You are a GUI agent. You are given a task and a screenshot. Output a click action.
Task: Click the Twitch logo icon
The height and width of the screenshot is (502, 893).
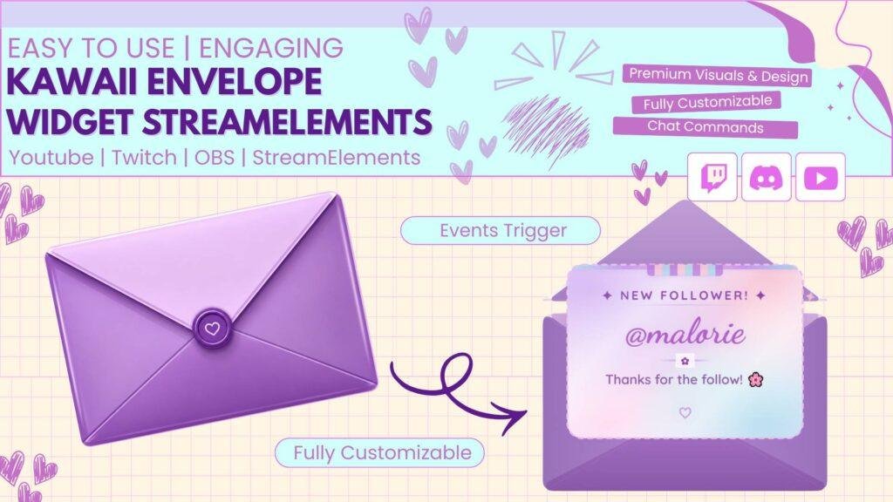(x=712, y=177)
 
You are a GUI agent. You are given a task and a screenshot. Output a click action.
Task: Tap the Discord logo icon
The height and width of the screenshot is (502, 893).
(x=766, y=177)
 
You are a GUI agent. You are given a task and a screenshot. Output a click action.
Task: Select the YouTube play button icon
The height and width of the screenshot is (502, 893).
(x=820, y=177)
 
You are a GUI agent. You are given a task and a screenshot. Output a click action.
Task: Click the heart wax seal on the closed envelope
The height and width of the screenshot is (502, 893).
(x=212, y=329)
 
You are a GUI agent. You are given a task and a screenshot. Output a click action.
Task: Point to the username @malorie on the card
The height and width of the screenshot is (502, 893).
(x=685, y=334)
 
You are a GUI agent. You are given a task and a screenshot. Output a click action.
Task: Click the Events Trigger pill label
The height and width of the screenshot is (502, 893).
(x=501, y=230)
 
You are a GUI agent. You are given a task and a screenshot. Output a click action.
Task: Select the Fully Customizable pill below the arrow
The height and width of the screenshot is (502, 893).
(x=380, y=452)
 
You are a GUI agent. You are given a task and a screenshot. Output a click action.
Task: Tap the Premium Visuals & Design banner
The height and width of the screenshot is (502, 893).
(x=718, y=76)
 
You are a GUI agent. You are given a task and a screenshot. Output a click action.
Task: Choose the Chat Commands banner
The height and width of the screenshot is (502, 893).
(x=705, y=127)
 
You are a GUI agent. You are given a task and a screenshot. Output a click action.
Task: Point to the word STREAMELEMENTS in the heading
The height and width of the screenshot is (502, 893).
(x=287, y=121)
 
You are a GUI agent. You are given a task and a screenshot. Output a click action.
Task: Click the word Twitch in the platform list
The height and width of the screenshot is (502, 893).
(x=144, y=157)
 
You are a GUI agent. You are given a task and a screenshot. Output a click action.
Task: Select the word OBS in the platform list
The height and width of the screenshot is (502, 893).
(x=215, y=157)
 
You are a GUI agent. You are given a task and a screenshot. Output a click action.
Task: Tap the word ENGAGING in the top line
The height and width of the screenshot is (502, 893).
(x=271, y=48)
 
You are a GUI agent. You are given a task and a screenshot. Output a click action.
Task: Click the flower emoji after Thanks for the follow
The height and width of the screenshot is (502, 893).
(x=756, y=379)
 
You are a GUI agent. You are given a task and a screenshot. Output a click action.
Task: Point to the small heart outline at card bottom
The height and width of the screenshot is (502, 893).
(x=685, y=412)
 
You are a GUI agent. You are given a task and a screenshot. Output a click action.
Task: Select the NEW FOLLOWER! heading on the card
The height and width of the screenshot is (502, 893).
(x=684, y=295)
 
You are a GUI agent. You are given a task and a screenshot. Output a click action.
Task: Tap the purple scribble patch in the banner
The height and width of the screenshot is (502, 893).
(x=546, y=129)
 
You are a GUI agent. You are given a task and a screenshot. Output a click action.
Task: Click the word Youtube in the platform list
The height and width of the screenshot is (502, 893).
(x=51, y=157)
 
